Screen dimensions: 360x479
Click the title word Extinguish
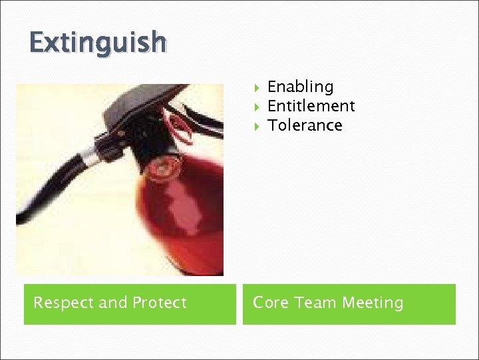point(97,43)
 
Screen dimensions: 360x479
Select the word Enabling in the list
point(300,87)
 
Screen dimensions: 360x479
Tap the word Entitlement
point(311,106)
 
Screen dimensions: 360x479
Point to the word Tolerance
point(305,125)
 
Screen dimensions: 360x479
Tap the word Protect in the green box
point(159,303)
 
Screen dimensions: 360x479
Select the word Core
point(270,303)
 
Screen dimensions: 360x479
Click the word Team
point(315,303)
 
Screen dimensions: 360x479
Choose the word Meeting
point(373,303)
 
